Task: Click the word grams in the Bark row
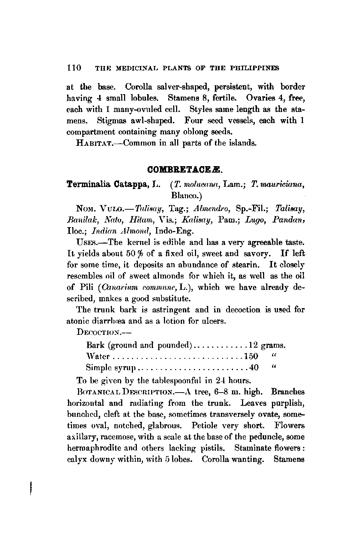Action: pos(273,345)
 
